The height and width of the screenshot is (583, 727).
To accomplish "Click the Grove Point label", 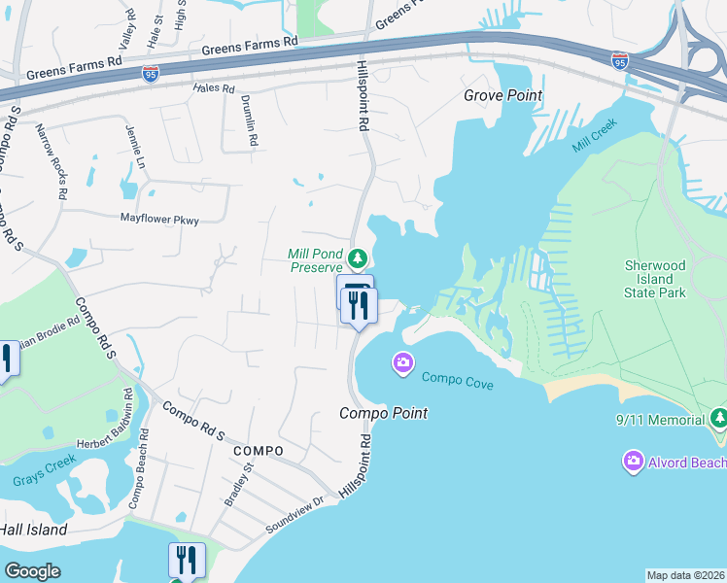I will tap(502, 95).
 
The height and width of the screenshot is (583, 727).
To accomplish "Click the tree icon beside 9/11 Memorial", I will tap(719, 419).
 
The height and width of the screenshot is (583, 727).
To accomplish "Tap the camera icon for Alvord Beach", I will tap(634, 461).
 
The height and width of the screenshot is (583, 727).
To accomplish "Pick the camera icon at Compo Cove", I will tap(402, 363).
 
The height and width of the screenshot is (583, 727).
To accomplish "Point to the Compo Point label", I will tap(383, 413).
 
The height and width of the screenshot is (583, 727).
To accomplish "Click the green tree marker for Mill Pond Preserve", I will tap(358, 258).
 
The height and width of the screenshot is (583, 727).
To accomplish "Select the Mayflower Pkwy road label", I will tap(159, 221).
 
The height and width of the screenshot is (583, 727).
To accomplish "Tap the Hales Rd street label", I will tap(215, 88).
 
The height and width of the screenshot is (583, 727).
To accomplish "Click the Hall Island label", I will tap(33, 530).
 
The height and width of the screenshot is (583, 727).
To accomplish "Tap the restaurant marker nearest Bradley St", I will tap(187, 561).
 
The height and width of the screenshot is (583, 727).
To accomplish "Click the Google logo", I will tap(32, 570).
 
